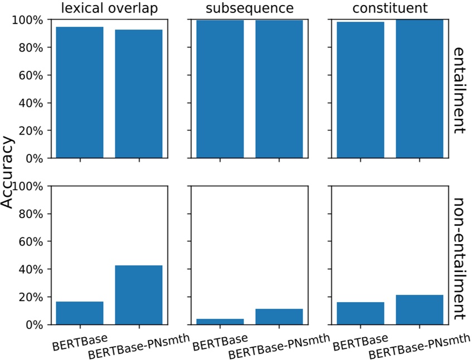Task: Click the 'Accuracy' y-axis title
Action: point(7,172)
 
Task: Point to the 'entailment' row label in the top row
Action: point(459,89)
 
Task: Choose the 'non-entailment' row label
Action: point(459,258)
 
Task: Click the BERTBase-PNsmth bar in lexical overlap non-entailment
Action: point(138,295)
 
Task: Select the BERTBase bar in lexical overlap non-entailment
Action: point(80,313)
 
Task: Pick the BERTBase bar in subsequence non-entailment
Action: point(220,322)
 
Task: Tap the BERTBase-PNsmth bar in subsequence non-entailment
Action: point(279,317)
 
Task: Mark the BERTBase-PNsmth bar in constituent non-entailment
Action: point(419,310)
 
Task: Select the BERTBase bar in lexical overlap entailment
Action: point(80,93)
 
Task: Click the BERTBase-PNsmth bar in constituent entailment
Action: point(419,89)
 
